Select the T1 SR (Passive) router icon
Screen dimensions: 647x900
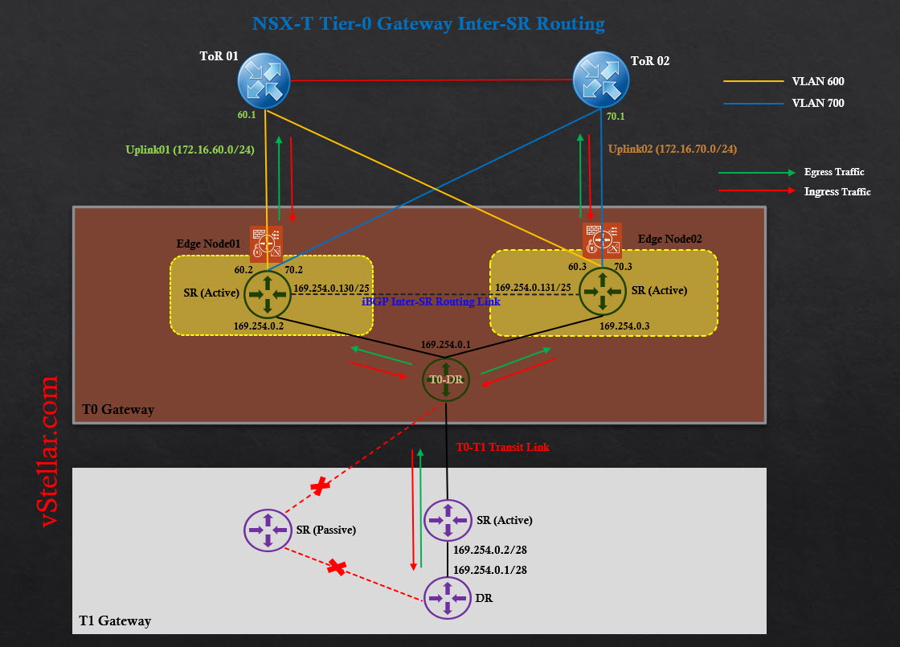click(x=268, y=530)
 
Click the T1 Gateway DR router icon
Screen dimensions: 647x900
click(x=448, y=599)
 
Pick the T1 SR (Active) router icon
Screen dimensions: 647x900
click(x=448, y=520)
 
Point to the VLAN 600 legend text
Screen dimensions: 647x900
click(x=817, y=81)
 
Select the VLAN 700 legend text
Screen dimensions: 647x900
click(x=817, y=103)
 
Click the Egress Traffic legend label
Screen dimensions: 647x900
click(x=833, y=172)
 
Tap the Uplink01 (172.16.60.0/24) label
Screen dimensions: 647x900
click(x=190, y=149)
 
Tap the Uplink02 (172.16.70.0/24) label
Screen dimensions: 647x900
click(x=672, y=149)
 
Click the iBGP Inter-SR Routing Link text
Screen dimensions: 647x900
click(x=431, y=301)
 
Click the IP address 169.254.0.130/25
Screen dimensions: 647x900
click(x=331, y=288)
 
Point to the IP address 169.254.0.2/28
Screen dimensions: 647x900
click(x=489, y=551)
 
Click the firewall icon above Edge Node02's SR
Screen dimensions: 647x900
click(x=602, y=239)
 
